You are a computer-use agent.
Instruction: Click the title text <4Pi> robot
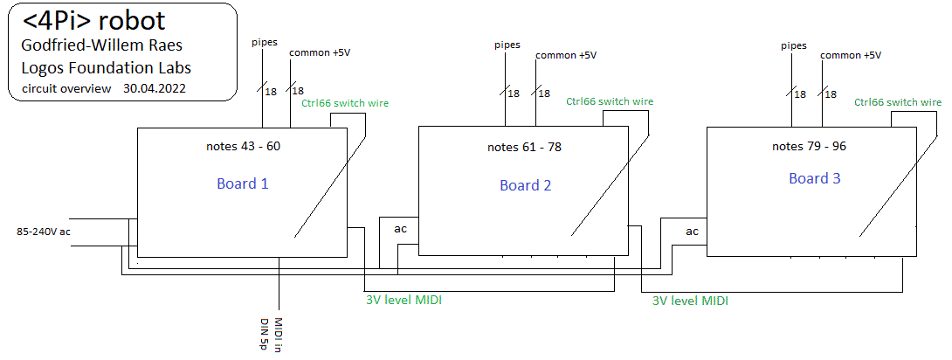pos(93,22)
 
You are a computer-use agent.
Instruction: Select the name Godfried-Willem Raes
pos(101,45)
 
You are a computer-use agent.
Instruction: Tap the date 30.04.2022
pos(155,88)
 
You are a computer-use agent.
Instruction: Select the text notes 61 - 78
pos(524,147)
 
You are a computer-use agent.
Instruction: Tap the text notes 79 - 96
pos(809,146)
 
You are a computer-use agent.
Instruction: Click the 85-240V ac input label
pos(44,232)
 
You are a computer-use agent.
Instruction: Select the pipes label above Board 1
pos(265,42)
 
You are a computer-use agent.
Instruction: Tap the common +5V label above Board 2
pos(566,55)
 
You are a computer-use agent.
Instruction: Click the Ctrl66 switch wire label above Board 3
pos(898,102)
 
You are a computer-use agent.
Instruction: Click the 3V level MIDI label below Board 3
pos(690,300)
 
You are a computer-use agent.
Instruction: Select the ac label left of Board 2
pos(400,228)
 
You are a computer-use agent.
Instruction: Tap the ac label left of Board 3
pos(692,232)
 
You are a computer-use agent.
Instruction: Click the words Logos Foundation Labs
pos(107,67)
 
